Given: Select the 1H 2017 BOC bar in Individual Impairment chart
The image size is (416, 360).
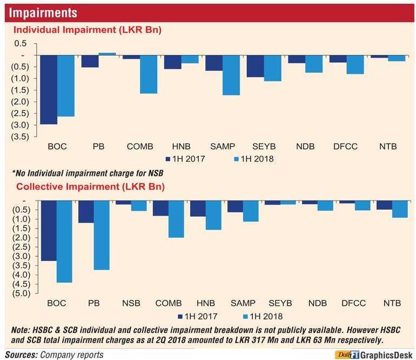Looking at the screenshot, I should [49, 90].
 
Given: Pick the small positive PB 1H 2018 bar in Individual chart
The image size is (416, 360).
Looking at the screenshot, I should [107, 54].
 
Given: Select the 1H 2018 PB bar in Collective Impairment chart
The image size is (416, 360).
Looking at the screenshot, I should [101, 235].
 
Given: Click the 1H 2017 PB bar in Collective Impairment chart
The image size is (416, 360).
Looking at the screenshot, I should [86, 212].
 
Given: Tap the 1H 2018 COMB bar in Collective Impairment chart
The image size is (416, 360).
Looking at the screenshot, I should [176, 219].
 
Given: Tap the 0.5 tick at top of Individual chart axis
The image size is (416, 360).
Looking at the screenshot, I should [20, 43].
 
